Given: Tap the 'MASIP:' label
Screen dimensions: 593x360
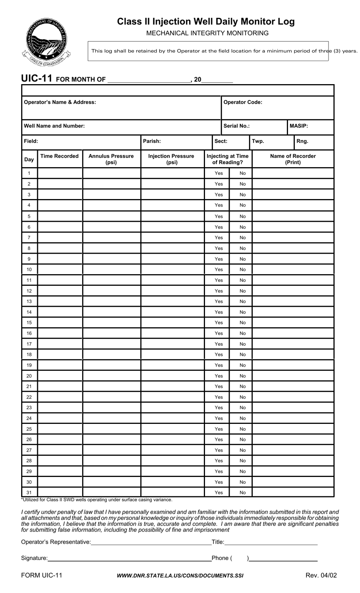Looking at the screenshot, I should [x=299, y=126].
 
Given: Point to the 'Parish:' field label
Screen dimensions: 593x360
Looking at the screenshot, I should [x=152, y=141].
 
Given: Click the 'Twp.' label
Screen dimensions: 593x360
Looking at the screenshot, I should [x=258, y=141].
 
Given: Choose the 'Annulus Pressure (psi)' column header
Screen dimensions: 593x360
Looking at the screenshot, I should [x=111, y=159].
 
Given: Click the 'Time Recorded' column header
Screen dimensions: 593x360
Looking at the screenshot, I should [x=59, y=156].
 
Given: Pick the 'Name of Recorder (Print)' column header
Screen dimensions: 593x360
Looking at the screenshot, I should [x=293, y=159].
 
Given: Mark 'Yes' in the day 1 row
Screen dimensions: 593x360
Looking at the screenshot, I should [x=219, y=173].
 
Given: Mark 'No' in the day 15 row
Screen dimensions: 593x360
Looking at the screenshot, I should [x=243, y=323].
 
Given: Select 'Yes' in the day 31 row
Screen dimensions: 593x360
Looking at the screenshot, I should [x=219, y=493].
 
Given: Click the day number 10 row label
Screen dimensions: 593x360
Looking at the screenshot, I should [x=29, y=270].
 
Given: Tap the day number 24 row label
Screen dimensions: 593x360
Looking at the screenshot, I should [x=29, y=418].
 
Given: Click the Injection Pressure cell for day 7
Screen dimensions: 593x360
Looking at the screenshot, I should [x=172, y=238].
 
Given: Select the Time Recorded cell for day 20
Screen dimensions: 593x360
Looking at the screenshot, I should [x=60, y=376].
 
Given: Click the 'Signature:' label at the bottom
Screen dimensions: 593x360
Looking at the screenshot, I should [x=34, y=558].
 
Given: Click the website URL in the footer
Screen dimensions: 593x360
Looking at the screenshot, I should [x=180, y=576].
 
